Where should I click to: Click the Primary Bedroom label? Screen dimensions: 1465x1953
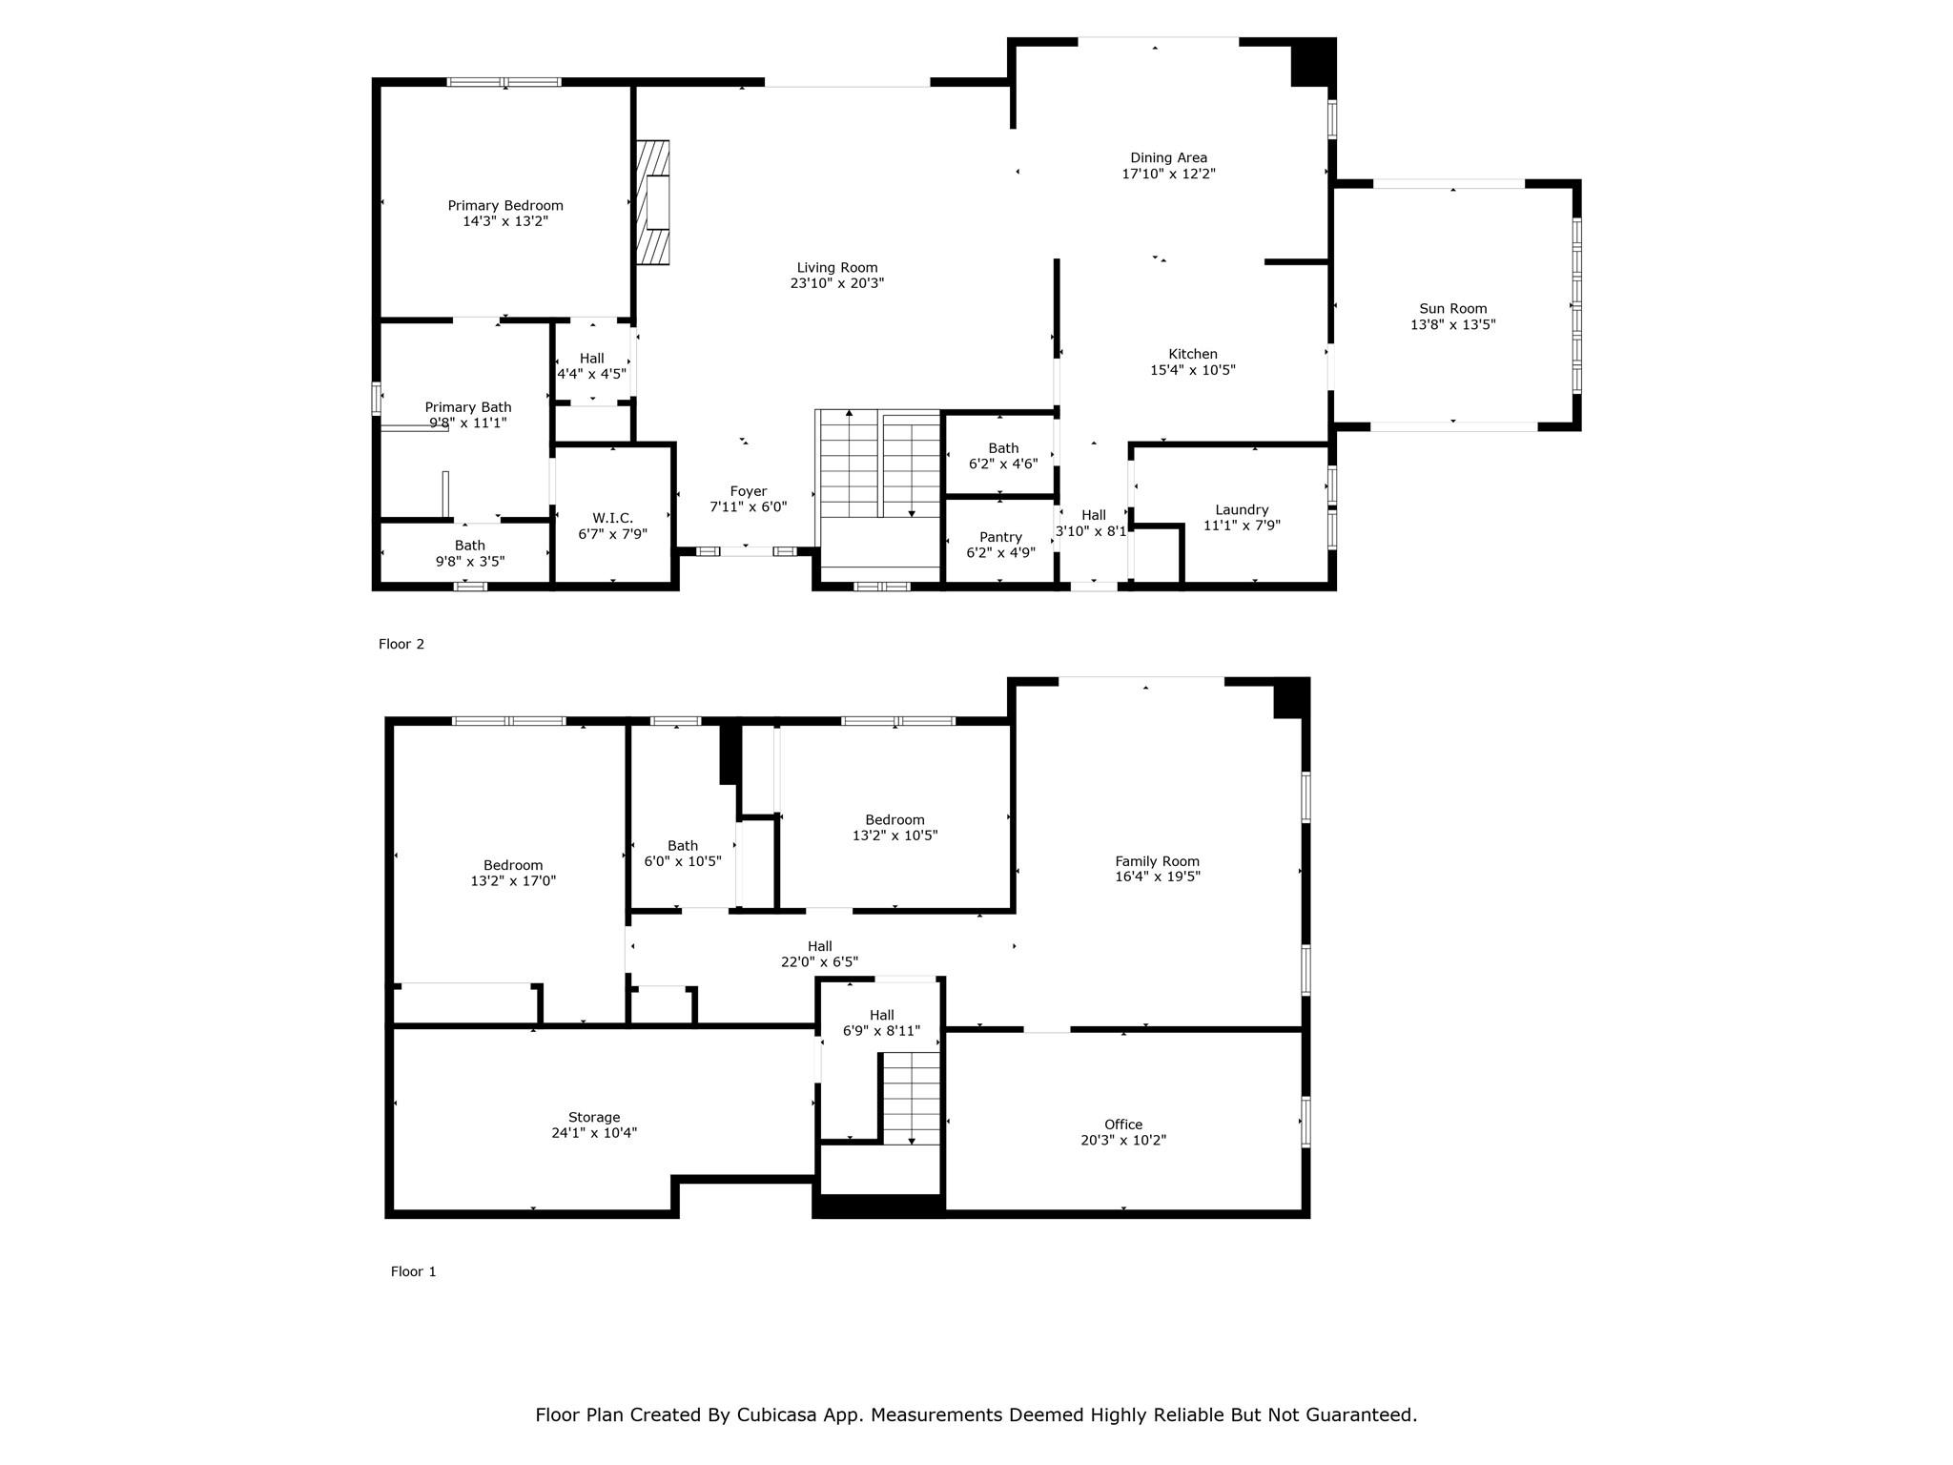[505, 205]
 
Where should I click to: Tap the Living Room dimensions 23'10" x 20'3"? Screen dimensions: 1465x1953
[836, 283]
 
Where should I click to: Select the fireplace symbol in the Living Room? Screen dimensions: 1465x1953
[654, 202]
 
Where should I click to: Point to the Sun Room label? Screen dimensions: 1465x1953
[1452, 308]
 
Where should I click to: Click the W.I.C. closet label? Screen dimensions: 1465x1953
[612, 518]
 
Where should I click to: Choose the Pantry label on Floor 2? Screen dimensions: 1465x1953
[1000, 537]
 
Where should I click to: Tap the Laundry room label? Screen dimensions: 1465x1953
[1242, 509]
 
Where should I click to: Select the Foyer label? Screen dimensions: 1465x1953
[749, 491]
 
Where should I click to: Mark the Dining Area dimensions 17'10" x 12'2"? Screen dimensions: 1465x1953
[1168, 174]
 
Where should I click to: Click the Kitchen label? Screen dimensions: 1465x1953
[1193, 354]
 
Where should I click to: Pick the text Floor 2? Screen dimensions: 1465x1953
[401, 644]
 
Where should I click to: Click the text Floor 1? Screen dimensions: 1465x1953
[413, 1271]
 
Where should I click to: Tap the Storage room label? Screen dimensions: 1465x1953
[594, 1117]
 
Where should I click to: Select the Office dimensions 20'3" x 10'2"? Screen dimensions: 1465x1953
[1123, 1140]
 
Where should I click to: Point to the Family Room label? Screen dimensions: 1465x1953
[1157, 861]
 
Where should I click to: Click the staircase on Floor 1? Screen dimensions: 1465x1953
[911, 1097]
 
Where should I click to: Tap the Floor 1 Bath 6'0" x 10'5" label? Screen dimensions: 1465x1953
[683, 845]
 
